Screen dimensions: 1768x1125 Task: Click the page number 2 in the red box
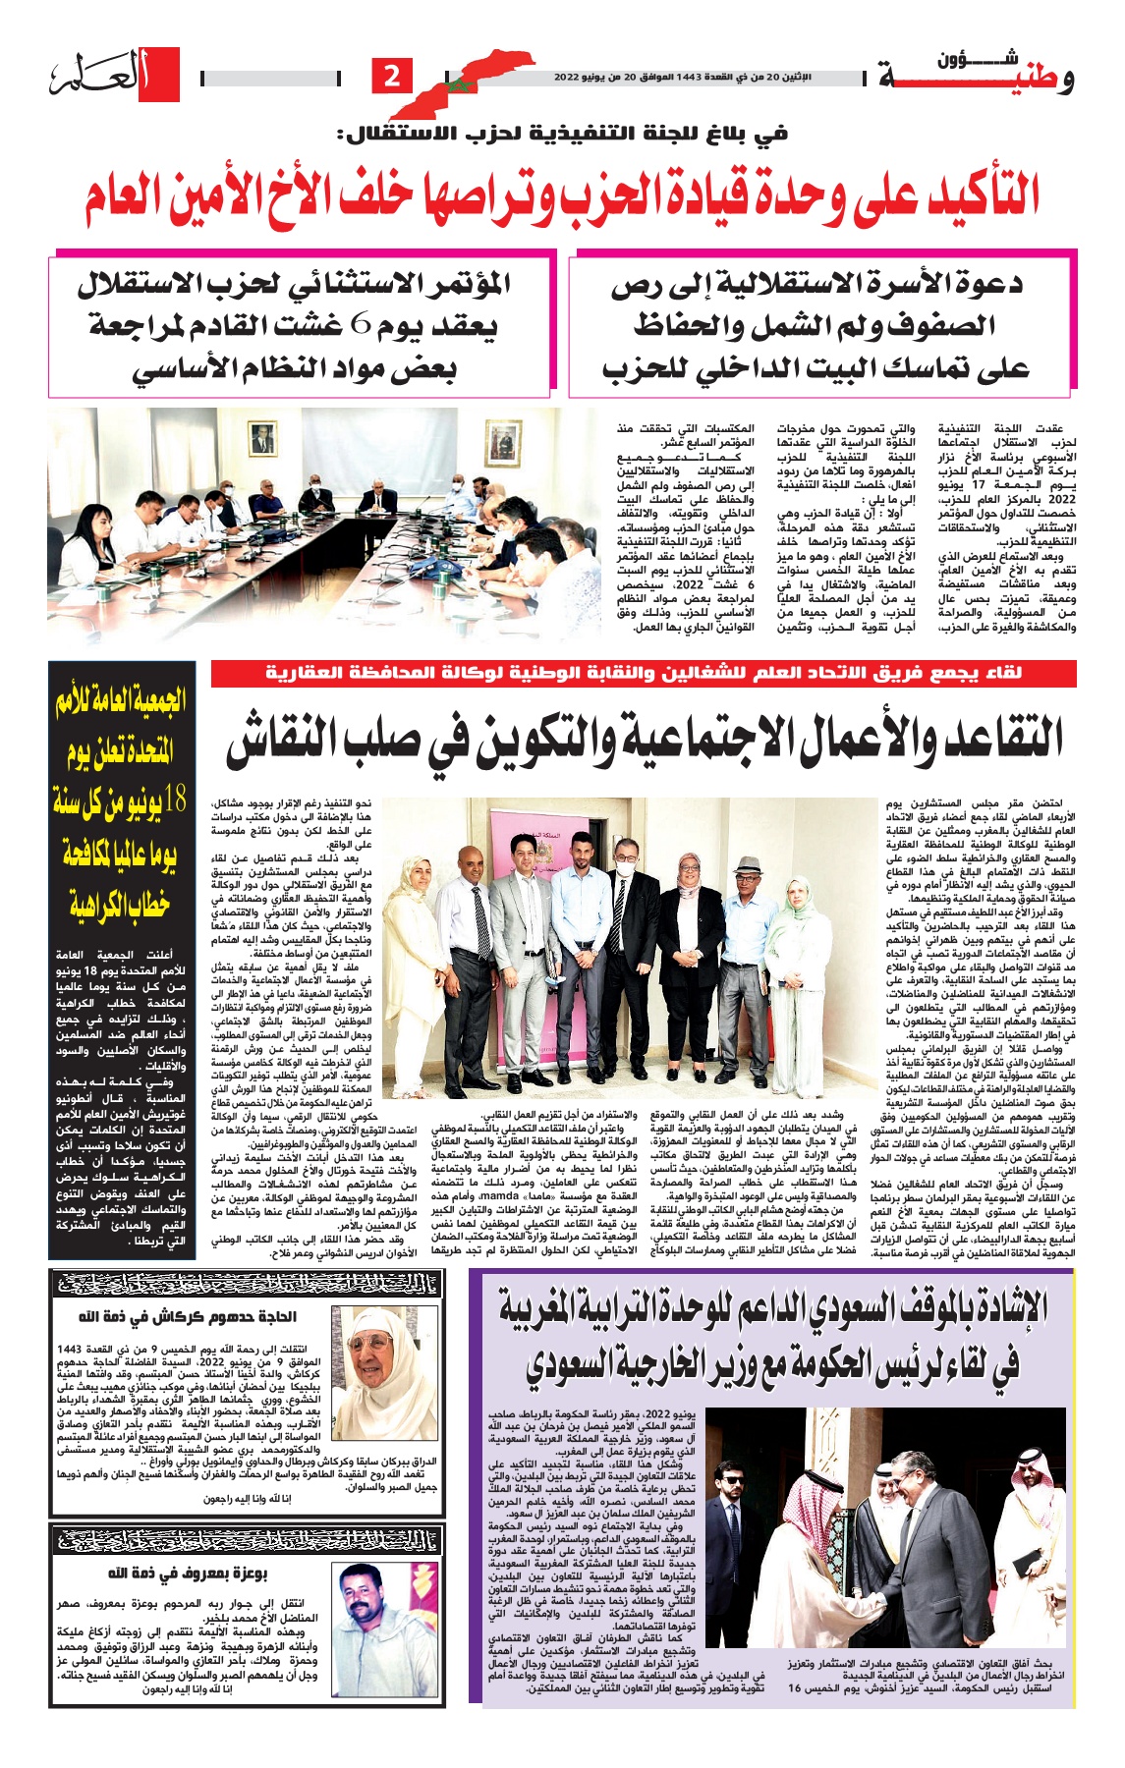[x=391, y=76]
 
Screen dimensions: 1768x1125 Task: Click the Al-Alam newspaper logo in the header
[x=115, y=76]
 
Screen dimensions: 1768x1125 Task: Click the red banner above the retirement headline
[x=644, y=673]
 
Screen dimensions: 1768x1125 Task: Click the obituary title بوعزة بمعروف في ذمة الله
[x=187, y=1574]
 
